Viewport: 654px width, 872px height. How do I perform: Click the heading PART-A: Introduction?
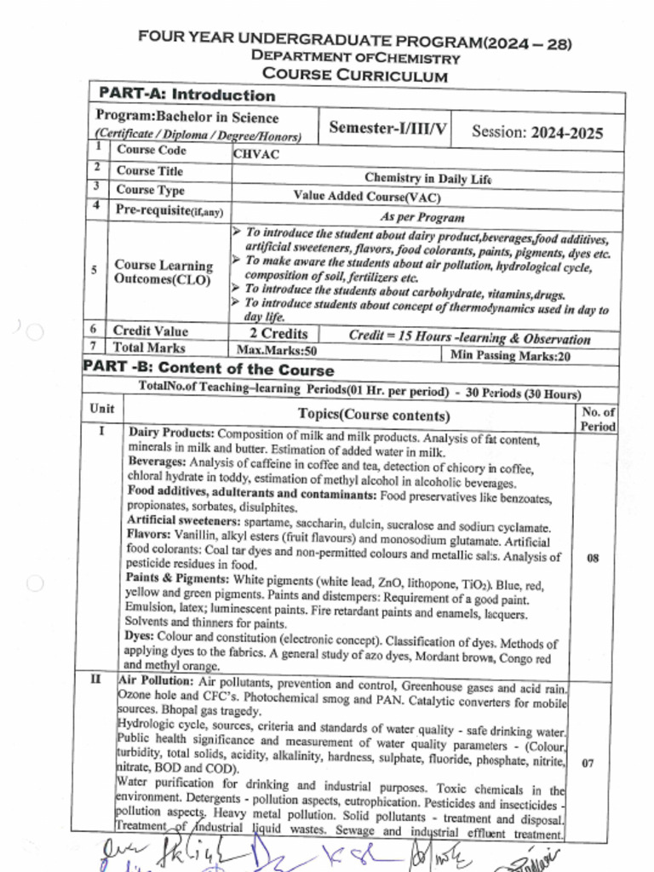tap(186, 95)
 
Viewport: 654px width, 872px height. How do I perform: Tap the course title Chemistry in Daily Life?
tap(427, 177)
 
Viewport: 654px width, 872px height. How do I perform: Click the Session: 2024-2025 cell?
tap(536, 132)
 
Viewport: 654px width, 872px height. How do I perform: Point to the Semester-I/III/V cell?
tap(388, 128)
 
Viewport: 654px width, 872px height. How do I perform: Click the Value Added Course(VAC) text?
tap(367, 196)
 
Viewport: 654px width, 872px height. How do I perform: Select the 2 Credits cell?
tap(278, 333)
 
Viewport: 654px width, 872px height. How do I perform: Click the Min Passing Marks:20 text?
tap(510, 356)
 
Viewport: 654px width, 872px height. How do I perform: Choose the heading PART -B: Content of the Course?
tap(209, 370)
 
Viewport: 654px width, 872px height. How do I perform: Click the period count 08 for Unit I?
tap(593, 559)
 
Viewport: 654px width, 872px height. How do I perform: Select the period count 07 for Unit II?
tap(588, 763)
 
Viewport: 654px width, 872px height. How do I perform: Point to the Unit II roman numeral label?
tap(99, 680)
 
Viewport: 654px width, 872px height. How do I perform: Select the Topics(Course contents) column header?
tap(373, 415)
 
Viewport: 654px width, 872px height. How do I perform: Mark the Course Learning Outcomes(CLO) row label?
tap(163, 272)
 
